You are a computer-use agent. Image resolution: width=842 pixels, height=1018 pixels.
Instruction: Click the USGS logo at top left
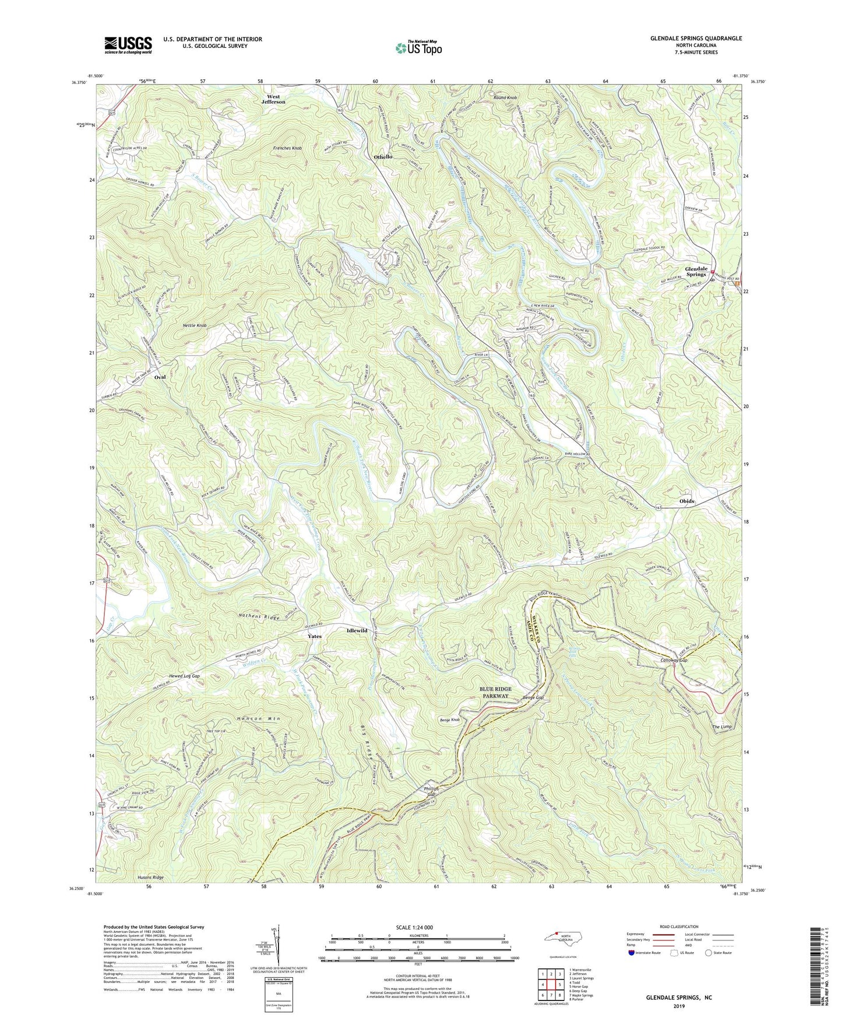tap(128, 45)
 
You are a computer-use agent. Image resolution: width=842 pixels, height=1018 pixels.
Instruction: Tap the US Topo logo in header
tap(418, 48)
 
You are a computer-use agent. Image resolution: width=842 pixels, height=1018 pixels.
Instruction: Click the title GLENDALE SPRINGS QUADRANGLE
tap(696, 38)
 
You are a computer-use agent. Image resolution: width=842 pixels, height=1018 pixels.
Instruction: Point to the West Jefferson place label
tap(273, 99)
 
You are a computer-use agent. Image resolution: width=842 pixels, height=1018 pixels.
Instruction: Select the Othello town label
tap(383, 157)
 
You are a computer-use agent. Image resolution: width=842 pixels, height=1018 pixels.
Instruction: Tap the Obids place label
tap(686, 501)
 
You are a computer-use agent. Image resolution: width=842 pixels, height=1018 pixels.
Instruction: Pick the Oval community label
tap(160, 377)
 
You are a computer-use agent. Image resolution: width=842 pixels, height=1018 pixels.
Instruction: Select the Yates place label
tap(314, 636)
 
